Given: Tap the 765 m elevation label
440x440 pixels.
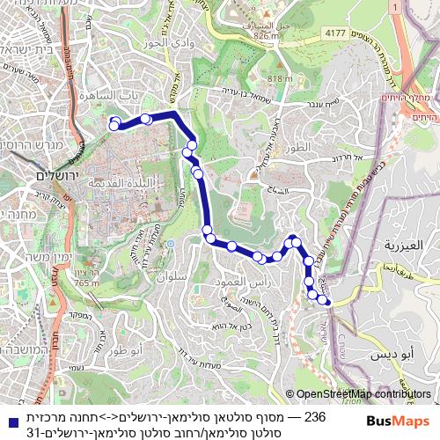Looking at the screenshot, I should click(x=87, y=282).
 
